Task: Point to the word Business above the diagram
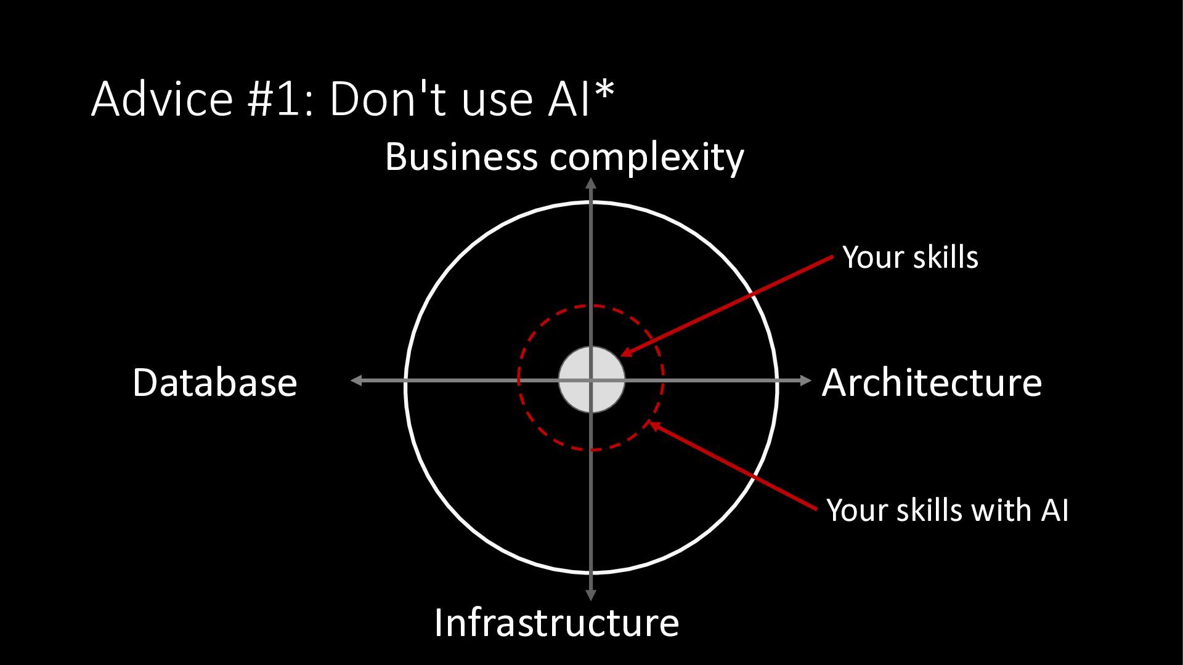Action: [461, 157]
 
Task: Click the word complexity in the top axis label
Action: [647, 159]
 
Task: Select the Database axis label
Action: [215, 382]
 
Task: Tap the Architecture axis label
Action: [932, 382]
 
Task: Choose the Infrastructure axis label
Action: [556, 623]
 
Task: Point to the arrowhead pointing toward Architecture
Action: [806, 381]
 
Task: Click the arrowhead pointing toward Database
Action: [356, 381]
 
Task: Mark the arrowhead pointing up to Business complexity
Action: [591, 183]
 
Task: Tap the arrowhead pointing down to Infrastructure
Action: [591, 595]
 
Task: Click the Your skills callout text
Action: [910, 257]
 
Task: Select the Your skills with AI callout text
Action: [947, 510]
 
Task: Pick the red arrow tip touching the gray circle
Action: [624, 353]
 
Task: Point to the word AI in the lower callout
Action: [1055, 510]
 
